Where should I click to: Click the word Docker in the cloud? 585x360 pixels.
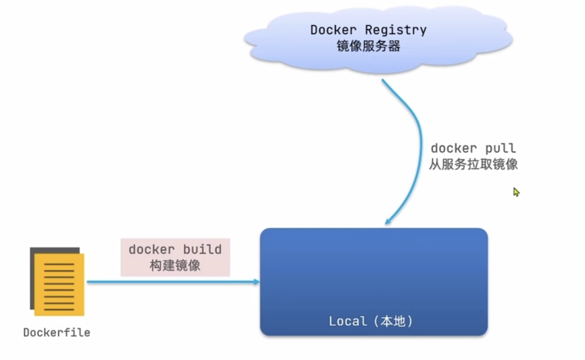tap(331, 30)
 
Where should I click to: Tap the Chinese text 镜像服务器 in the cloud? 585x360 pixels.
tap(367, 47)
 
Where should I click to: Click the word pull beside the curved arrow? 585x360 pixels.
tap(500, 148)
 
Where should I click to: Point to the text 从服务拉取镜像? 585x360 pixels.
tap(473, 165)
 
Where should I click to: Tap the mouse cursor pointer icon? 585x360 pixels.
tap(517, 192)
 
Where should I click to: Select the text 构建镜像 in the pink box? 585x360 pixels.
tap(175, 265)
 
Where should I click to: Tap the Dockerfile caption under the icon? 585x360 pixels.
tap(57, 332)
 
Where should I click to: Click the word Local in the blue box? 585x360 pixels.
tap(347, 321)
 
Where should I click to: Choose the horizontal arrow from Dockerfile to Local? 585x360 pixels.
tap(171, 282)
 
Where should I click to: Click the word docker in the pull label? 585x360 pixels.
tap(453, 148)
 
